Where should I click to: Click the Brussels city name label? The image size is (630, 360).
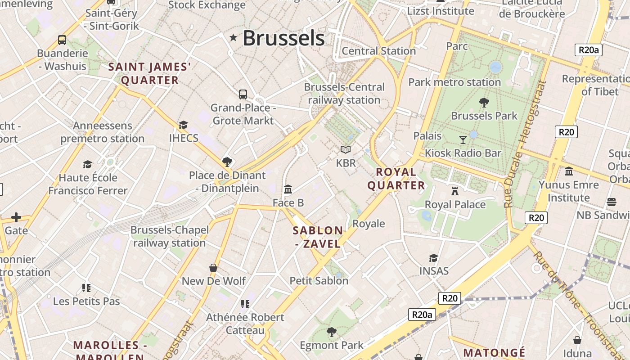coord(283,38)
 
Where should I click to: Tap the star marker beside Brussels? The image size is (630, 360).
coord(233,38)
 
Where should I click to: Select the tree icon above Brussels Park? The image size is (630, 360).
coord(484,103)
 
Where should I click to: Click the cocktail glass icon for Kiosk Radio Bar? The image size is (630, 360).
coord(463,140)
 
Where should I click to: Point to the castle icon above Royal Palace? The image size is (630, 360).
coord(455,191)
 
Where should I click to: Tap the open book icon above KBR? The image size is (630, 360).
coord(345,149)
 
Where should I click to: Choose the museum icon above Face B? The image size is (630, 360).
coord(288,189)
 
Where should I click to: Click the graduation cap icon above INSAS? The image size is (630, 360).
coord(433,258)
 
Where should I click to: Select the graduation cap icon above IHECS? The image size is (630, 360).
coord(183,125)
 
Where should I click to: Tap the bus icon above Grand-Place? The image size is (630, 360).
coord(243,94)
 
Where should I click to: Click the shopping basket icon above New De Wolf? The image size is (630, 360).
coord(213,268)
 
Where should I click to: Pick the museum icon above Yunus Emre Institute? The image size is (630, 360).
coord(569,171)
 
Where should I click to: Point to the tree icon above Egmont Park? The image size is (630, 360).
coord(332,332)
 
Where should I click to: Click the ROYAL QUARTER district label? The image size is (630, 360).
coord(396,179)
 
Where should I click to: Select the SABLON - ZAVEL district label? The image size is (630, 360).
coord(318,237)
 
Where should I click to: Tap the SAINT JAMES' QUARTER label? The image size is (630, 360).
coord(150,74)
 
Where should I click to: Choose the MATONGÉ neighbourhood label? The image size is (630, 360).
coord(494,352)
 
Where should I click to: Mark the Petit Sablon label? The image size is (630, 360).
coord(319,281)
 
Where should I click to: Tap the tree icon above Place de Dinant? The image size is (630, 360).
coord(227,162)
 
